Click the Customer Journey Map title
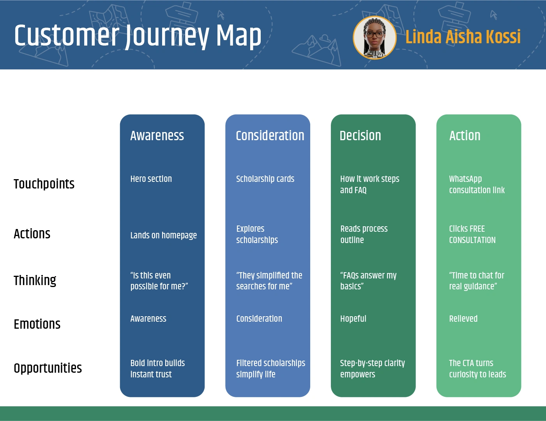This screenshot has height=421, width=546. click(x=138, y=36)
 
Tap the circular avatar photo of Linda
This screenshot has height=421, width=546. click(x=375, y=38)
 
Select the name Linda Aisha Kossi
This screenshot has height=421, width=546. click(x=463, y=37)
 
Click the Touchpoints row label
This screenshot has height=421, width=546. click(x=44, y=184)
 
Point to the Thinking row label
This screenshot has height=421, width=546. click(x=35, y=280)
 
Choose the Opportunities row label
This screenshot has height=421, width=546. click(x=48, y=368)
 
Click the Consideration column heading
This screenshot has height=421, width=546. click(x=270, y=136)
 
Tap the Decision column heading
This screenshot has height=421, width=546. click(x=360, y=136)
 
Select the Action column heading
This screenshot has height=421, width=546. click(x=465, y=136)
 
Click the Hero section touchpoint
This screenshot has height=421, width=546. click(x=151, y=179)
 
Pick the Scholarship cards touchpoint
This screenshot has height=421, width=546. click(x=265, y=179)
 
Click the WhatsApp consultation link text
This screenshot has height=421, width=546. click(x=477, y=185)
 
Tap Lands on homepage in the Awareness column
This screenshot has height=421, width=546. click(x=163, y=235)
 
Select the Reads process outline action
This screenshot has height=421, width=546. click(x=364, y=234)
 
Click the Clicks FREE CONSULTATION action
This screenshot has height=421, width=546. click(x=472, y=234)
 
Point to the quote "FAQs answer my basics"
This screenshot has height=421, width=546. click(x=368, y=281)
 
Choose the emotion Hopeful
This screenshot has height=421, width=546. click(x=353, y=319)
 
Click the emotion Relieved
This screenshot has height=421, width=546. click(x=463, y=319)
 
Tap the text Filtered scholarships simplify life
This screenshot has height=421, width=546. click(x=270, y=368)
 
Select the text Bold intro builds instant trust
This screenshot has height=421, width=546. click(x=157, y=368)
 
